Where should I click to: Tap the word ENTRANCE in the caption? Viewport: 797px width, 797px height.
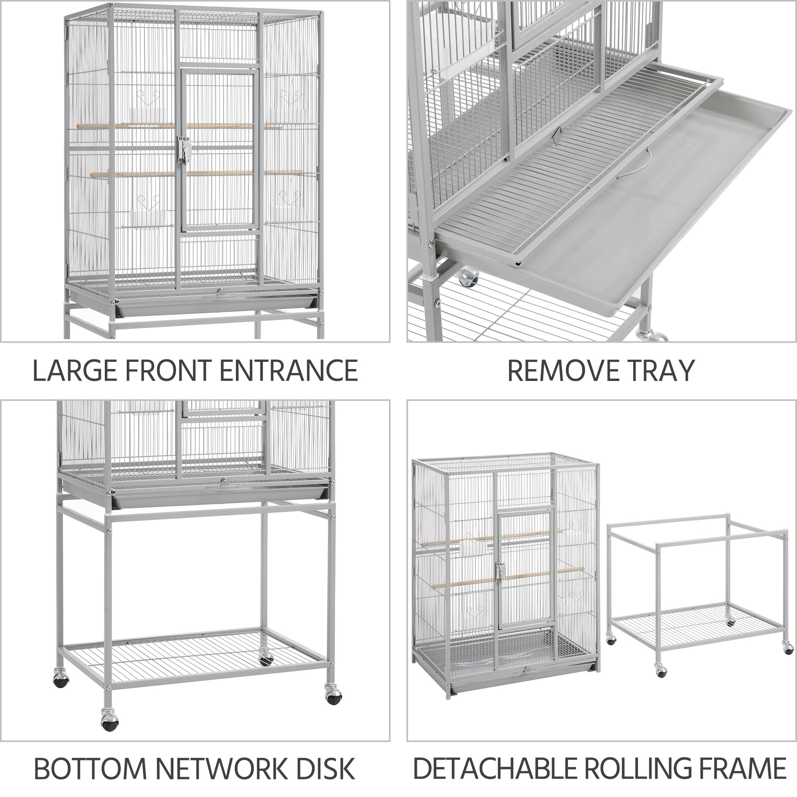point(289,371)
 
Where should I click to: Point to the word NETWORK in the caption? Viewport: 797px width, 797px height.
point(222,768)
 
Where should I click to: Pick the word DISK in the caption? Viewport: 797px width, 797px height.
point(325,768)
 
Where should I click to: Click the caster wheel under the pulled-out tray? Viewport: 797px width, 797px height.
point(468,276)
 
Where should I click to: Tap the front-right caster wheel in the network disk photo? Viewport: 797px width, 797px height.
point(332,695)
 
